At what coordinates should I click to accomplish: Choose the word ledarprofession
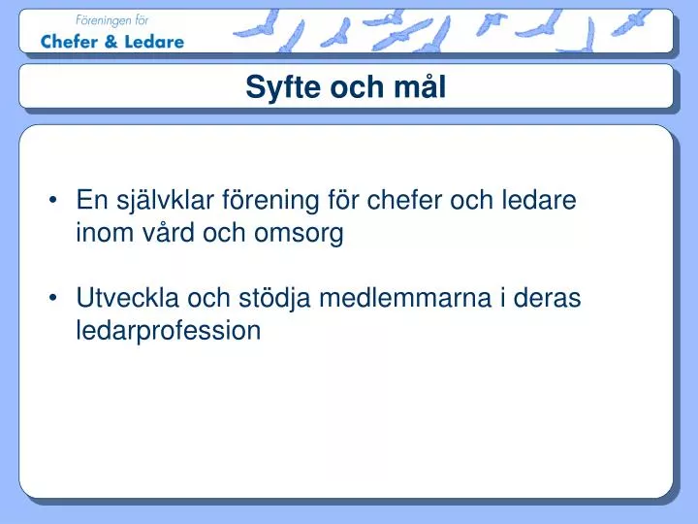(x=169, y=330)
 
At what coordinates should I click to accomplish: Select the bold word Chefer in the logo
(x=71, y=42)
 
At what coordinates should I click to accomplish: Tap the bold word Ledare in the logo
(x=153, y=42)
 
